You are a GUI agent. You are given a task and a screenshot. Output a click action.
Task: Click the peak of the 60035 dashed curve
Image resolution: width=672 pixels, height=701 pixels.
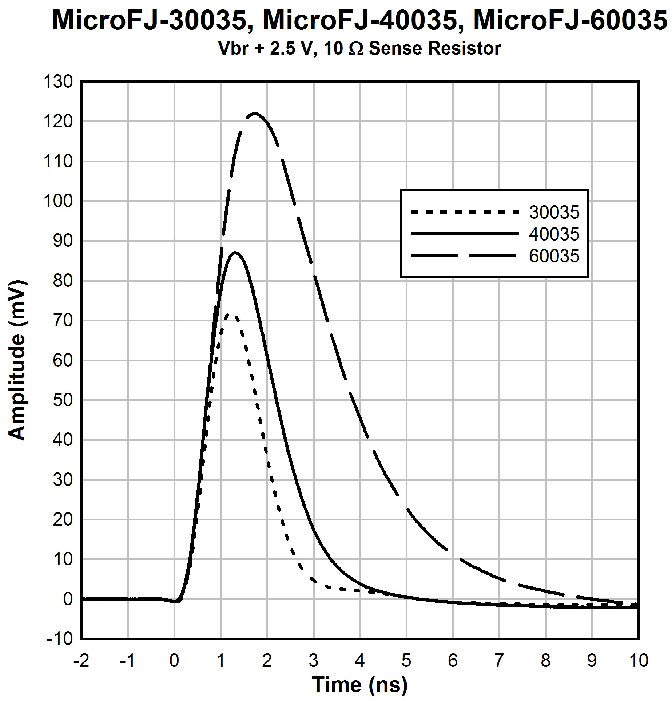click(255, 113)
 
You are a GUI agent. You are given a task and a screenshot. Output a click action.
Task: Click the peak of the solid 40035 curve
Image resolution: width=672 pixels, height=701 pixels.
click(235, 252)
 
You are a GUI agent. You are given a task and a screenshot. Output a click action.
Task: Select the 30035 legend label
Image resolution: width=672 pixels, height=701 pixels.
click(554, 213)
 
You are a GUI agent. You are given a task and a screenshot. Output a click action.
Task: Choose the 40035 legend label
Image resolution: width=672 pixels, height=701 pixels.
click(554, 234)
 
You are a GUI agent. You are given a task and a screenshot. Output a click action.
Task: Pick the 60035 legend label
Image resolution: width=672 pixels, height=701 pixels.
click(554, 256)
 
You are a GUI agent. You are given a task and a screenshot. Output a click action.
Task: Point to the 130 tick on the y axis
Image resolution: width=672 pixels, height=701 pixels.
click(58, 82)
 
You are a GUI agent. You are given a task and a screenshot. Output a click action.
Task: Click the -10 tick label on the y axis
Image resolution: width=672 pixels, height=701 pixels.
click(60, 639)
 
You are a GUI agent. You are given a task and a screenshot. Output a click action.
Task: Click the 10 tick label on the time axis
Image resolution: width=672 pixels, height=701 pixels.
click(639, 660)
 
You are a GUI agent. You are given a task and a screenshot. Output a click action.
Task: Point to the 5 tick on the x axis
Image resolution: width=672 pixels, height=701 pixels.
click(406, 660)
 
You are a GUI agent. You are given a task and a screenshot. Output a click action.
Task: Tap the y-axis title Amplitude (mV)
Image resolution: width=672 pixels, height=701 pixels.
click(17, 360)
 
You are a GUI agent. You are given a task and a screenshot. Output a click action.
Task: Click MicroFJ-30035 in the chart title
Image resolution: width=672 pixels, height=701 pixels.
click(148, 20)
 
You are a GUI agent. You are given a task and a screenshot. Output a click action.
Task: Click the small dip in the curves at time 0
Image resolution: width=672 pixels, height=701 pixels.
click(176, 602)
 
